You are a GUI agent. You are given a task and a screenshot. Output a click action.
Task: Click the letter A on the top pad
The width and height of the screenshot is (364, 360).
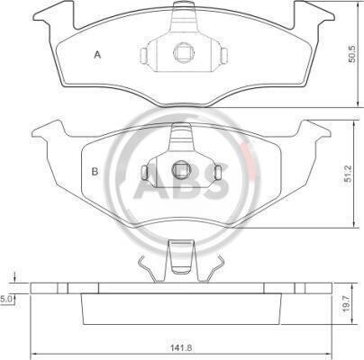[x=97, y=55]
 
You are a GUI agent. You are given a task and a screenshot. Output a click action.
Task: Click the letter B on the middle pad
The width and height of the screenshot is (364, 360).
[x=95, y=172]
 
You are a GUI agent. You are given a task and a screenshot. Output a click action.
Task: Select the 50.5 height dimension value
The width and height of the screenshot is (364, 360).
[x=351, y=54]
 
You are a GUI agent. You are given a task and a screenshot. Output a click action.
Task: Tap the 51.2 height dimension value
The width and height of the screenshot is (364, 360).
[x=348, y=174]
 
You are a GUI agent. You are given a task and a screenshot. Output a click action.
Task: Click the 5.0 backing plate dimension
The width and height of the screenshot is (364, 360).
[x=6, y=299]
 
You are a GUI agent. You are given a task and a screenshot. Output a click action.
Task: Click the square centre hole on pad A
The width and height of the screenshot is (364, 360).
[x=184, y=52]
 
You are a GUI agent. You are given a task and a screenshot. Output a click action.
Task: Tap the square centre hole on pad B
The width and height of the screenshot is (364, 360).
[x=180, y=170]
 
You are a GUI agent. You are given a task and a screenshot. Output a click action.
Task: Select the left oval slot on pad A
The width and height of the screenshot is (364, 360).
[x=144, y=56]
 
